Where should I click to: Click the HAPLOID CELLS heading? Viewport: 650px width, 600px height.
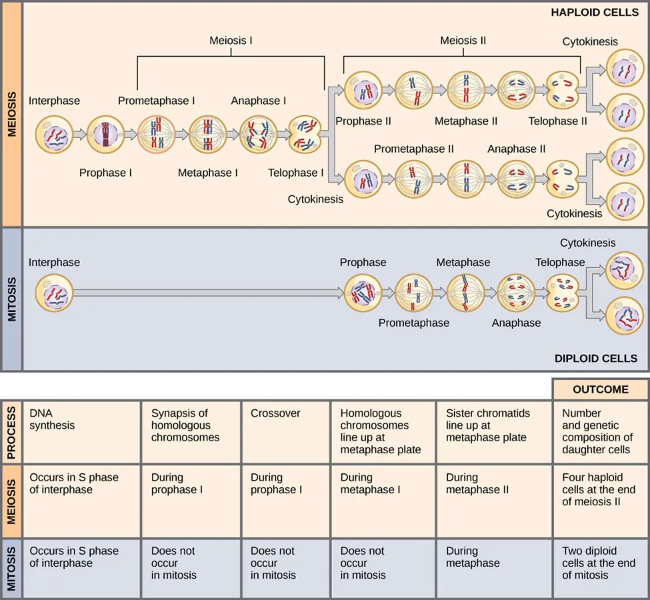point(594,12)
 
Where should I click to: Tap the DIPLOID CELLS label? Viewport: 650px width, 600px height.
point(595,358)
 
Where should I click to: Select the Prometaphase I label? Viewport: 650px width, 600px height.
point(157,101)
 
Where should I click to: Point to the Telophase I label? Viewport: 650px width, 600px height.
point(295,173)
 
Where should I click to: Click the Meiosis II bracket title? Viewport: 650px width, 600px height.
point(463,41)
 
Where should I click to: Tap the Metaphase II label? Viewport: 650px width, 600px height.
point(466,121)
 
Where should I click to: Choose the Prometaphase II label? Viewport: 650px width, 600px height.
point(413,149)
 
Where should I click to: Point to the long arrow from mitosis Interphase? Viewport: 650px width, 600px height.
point(207,293)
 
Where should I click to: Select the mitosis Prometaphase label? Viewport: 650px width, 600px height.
point(414,323)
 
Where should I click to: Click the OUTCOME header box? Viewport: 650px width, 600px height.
point(600,389)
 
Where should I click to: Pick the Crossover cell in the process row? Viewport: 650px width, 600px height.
point(285,432)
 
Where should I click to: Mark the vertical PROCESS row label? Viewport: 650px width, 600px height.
point(11,432)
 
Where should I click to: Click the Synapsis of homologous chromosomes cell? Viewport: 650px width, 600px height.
point(191,432)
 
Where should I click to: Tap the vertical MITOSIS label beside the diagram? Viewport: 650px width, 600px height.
point(11,299)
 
